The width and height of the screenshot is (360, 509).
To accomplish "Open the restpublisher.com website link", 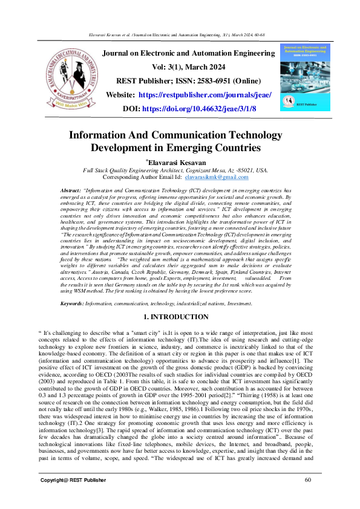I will pyautogui.click(x=205, y=95).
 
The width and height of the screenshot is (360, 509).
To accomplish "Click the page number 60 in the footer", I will pyautogui.click(x=308, y=480).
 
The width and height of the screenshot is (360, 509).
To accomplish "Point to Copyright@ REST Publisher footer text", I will pyautogui.click(x=73, y=480).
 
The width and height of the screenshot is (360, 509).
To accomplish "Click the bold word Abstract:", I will pyautogui.click(x=71, y=191).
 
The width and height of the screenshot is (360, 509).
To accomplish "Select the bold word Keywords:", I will pyautogui.click(x=73, y=302).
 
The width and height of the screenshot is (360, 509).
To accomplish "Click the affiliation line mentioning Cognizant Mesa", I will pyautogui.click(x=175, y=170).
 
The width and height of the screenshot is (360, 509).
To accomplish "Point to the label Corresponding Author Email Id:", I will pyautogui.click(x=143, y=177).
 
